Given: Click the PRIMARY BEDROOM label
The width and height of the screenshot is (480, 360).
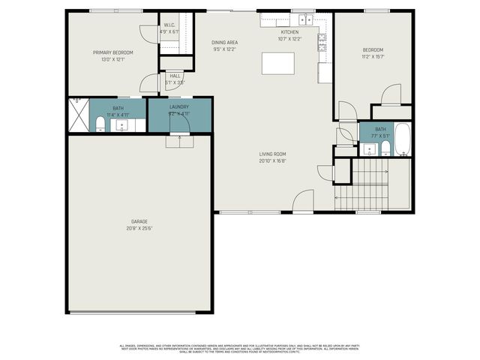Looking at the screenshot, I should click(113, 52).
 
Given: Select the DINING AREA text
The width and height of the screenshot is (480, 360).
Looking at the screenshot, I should click(225, 43).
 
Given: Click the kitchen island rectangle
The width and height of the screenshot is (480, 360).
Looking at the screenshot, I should click(277, 63).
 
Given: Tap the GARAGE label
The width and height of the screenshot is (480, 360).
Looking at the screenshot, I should click(139, 221).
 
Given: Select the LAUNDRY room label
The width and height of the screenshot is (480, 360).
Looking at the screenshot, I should click(178, 107).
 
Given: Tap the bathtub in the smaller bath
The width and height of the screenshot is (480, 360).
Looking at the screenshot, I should click(402, 139).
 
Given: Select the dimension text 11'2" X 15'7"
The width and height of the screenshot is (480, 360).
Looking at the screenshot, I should click(373, 56).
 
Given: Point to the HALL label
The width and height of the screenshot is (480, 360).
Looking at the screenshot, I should click(175, 75).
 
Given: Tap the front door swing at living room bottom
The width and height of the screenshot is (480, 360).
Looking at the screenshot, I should click(303, 201).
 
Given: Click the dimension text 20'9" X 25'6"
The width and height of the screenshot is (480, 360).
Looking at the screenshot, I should click(139, 228).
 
